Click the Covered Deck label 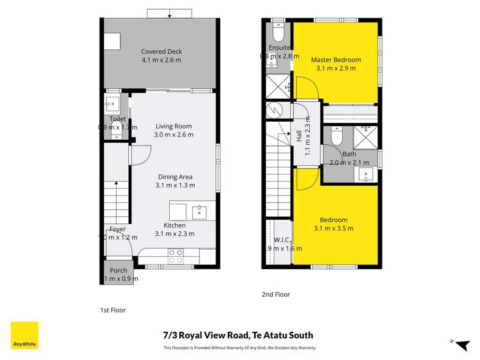coord(161,52)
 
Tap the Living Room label coord(173,126)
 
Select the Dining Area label coord(175,177)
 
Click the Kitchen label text coord(174,225)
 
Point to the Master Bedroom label coord(336,60)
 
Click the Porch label coord(119,270)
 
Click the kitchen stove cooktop coord(176,256)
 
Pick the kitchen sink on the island coord(199,211)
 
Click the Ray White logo coord(24,336)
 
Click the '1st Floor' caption coord(113,310)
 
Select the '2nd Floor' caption coord(276,295)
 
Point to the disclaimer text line coord(239,348)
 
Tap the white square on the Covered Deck coord(113,41)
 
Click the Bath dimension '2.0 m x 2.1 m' coord(349,163)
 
